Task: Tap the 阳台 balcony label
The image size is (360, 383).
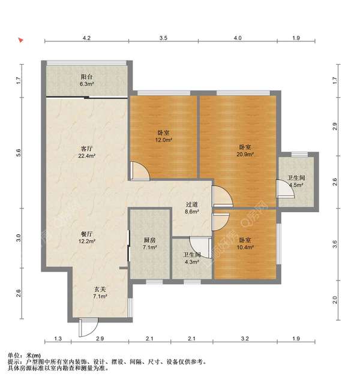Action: click(x=86, y=77)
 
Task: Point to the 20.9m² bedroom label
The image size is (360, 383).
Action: click(x=245, y=154)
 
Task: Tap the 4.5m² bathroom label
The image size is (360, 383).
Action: click(x=295, y=185)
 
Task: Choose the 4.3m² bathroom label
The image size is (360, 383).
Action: click(x=192, y=263)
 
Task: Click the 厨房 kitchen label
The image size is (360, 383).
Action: click(x=149, y=240)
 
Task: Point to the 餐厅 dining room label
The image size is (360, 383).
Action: click(x=87, y=234)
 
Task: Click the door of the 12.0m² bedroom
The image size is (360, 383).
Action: click(x=139, y=171)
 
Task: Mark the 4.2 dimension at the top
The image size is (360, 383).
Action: click(x=86, y=38)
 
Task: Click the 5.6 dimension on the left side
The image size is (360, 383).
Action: click(x=19, y=154)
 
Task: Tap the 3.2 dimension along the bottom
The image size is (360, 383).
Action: click(x=245, y=339)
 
